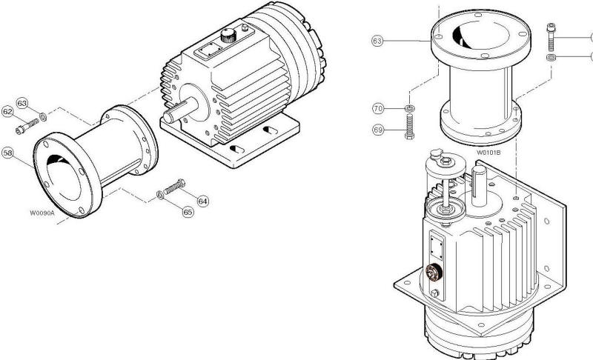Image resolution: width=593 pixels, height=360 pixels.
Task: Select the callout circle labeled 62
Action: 8,112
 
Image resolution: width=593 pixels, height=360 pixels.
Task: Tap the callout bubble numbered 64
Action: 202,200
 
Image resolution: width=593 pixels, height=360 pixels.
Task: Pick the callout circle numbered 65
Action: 188,212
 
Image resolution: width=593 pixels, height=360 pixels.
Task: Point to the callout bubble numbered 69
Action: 378,130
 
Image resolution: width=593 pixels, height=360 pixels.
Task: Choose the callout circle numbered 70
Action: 378,109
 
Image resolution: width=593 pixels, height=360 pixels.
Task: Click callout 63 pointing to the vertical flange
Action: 377,41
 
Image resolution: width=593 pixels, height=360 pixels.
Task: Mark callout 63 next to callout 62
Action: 22,102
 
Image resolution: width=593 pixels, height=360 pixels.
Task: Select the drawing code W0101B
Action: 489,153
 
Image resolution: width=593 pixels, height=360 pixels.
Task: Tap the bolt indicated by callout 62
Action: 30,124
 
